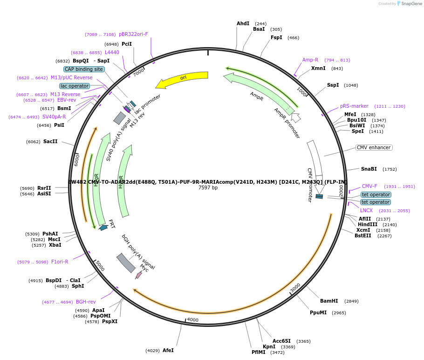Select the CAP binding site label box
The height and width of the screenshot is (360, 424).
[x=84, y=69]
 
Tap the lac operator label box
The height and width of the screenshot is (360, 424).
[x=75, y=86]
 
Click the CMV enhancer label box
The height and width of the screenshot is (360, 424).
[x=374, y=147]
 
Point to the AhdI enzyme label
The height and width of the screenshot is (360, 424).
[x=243, y=23]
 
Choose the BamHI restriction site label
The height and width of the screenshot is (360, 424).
[x=329, y=301]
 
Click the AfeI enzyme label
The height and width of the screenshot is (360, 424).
[x=168, y=350]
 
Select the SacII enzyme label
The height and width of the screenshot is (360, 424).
[x=50, y=141]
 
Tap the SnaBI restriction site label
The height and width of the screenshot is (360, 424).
[x=369, y=169]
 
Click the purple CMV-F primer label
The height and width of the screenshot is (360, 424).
[x=369, y=186]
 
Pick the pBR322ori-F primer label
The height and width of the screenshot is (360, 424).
[x=133, y=34]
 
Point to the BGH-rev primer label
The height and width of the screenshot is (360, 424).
[x=86, y=302]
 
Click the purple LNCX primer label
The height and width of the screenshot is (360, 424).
[x=366, y=210]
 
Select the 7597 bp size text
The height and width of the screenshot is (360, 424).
[x=208, y=187]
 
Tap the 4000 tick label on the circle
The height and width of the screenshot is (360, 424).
[x=193, y=320]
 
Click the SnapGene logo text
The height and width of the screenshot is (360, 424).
[x=410, y=4]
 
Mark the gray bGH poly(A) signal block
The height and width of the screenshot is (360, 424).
[x=126, y=263]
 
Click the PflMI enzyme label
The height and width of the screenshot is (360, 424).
[x=258, y=352]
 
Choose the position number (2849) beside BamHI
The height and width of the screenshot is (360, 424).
[x=352, y=301]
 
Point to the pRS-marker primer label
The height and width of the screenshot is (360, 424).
[x=354, y=106]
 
